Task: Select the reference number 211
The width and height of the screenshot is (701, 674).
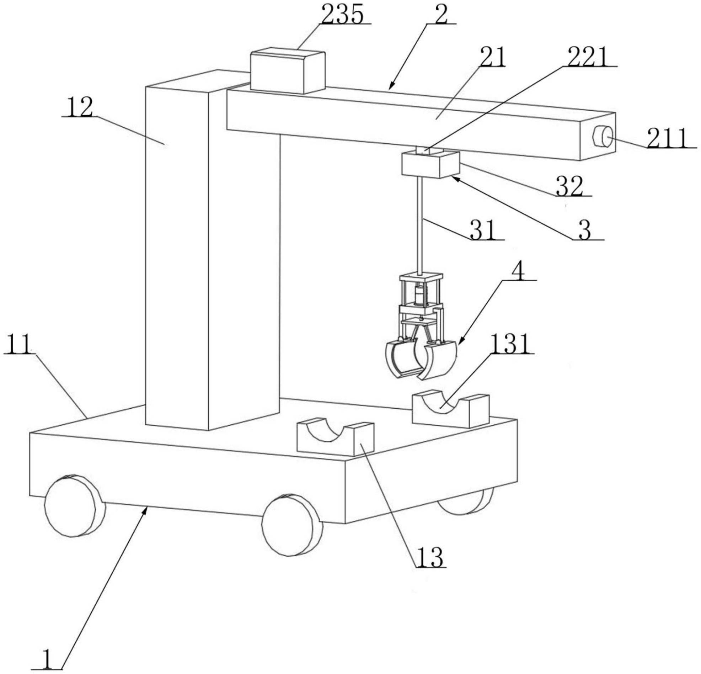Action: click(668, 138)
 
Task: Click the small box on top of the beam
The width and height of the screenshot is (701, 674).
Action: click(288, 72)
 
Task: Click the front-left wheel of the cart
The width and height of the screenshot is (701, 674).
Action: click(75, 506)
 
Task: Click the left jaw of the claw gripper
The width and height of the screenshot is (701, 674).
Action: click(402, 359)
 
